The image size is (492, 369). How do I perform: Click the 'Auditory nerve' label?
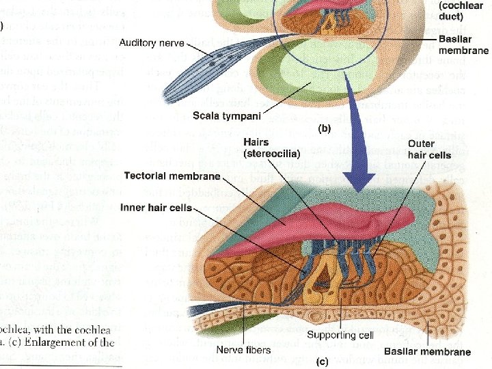tap(152, 43)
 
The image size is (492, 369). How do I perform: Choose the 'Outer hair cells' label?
tap(427, 152)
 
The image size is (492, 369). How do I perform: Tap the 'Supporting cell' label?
tap(340, 335)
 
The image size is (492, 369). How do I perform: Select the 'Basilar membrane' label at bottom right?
tap(427, 352)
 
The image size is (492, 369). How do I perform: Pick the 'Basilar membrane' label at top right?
tap(463, 45)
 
